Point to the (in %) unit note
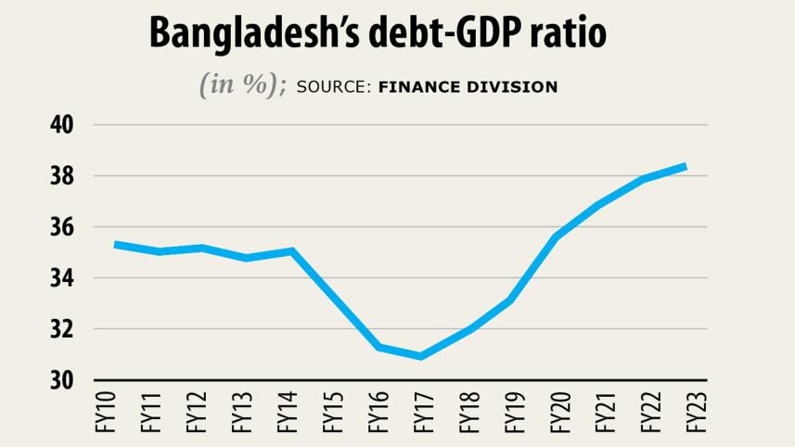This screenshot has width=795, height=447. coord(242,84)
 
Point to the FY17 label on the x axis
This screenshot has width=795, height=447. coord(421,414)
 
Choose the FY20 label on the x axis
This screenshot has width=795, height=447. coord(558,414)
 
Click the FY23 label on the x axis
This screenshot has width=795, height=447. coord(695,414)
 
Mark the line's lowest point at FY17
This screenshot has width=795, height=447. coord(421,356)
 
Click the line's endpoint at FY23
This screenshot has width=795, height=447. coord(686,166)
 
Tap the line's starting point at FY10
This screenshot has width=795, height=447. coord(114,244)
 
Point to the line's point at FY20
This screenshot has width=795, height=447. coord(555,236)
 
